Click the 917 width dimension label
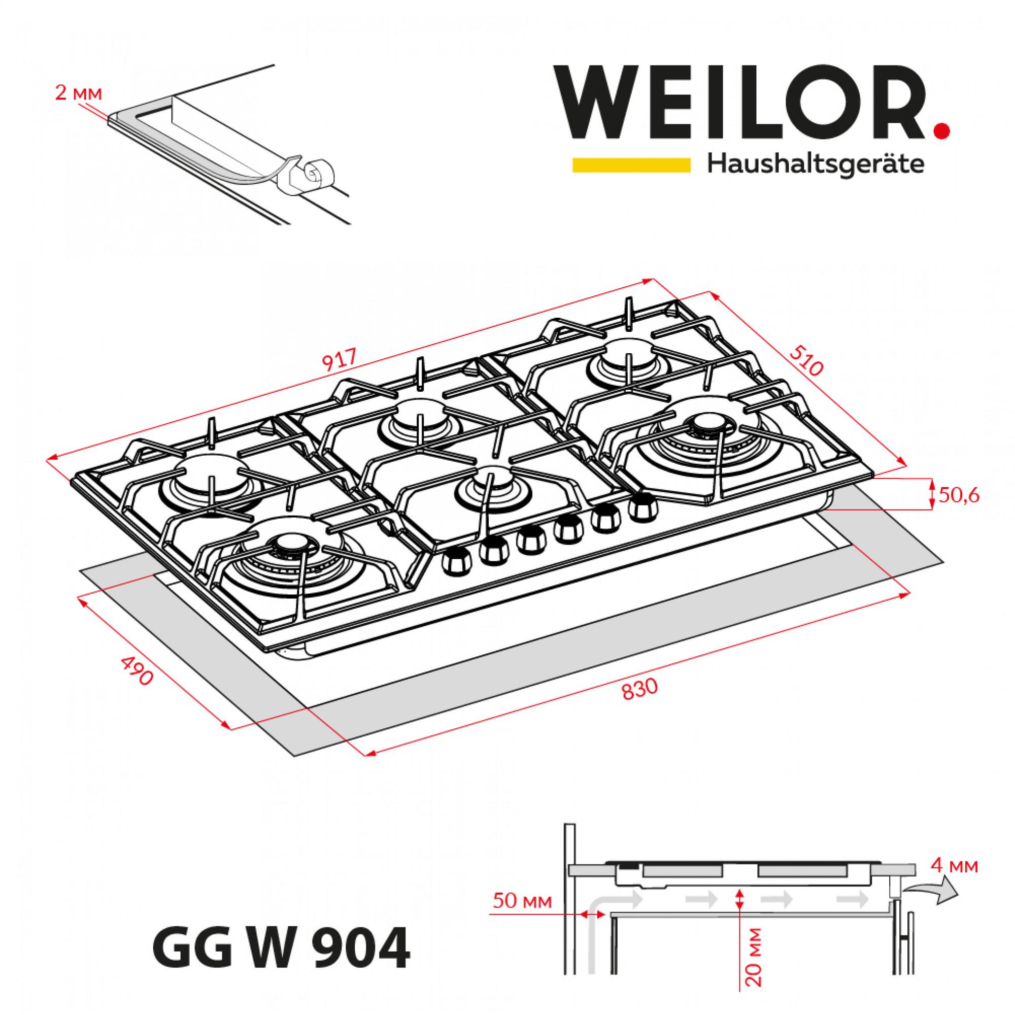[341, 359]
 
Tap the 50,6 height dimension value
[958, 496]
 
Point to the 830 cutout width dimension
[639, 690]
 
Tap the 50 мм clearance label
[522, 901]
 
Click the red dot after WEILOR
[943, 130]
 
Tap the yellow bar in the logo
[631, 165]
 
